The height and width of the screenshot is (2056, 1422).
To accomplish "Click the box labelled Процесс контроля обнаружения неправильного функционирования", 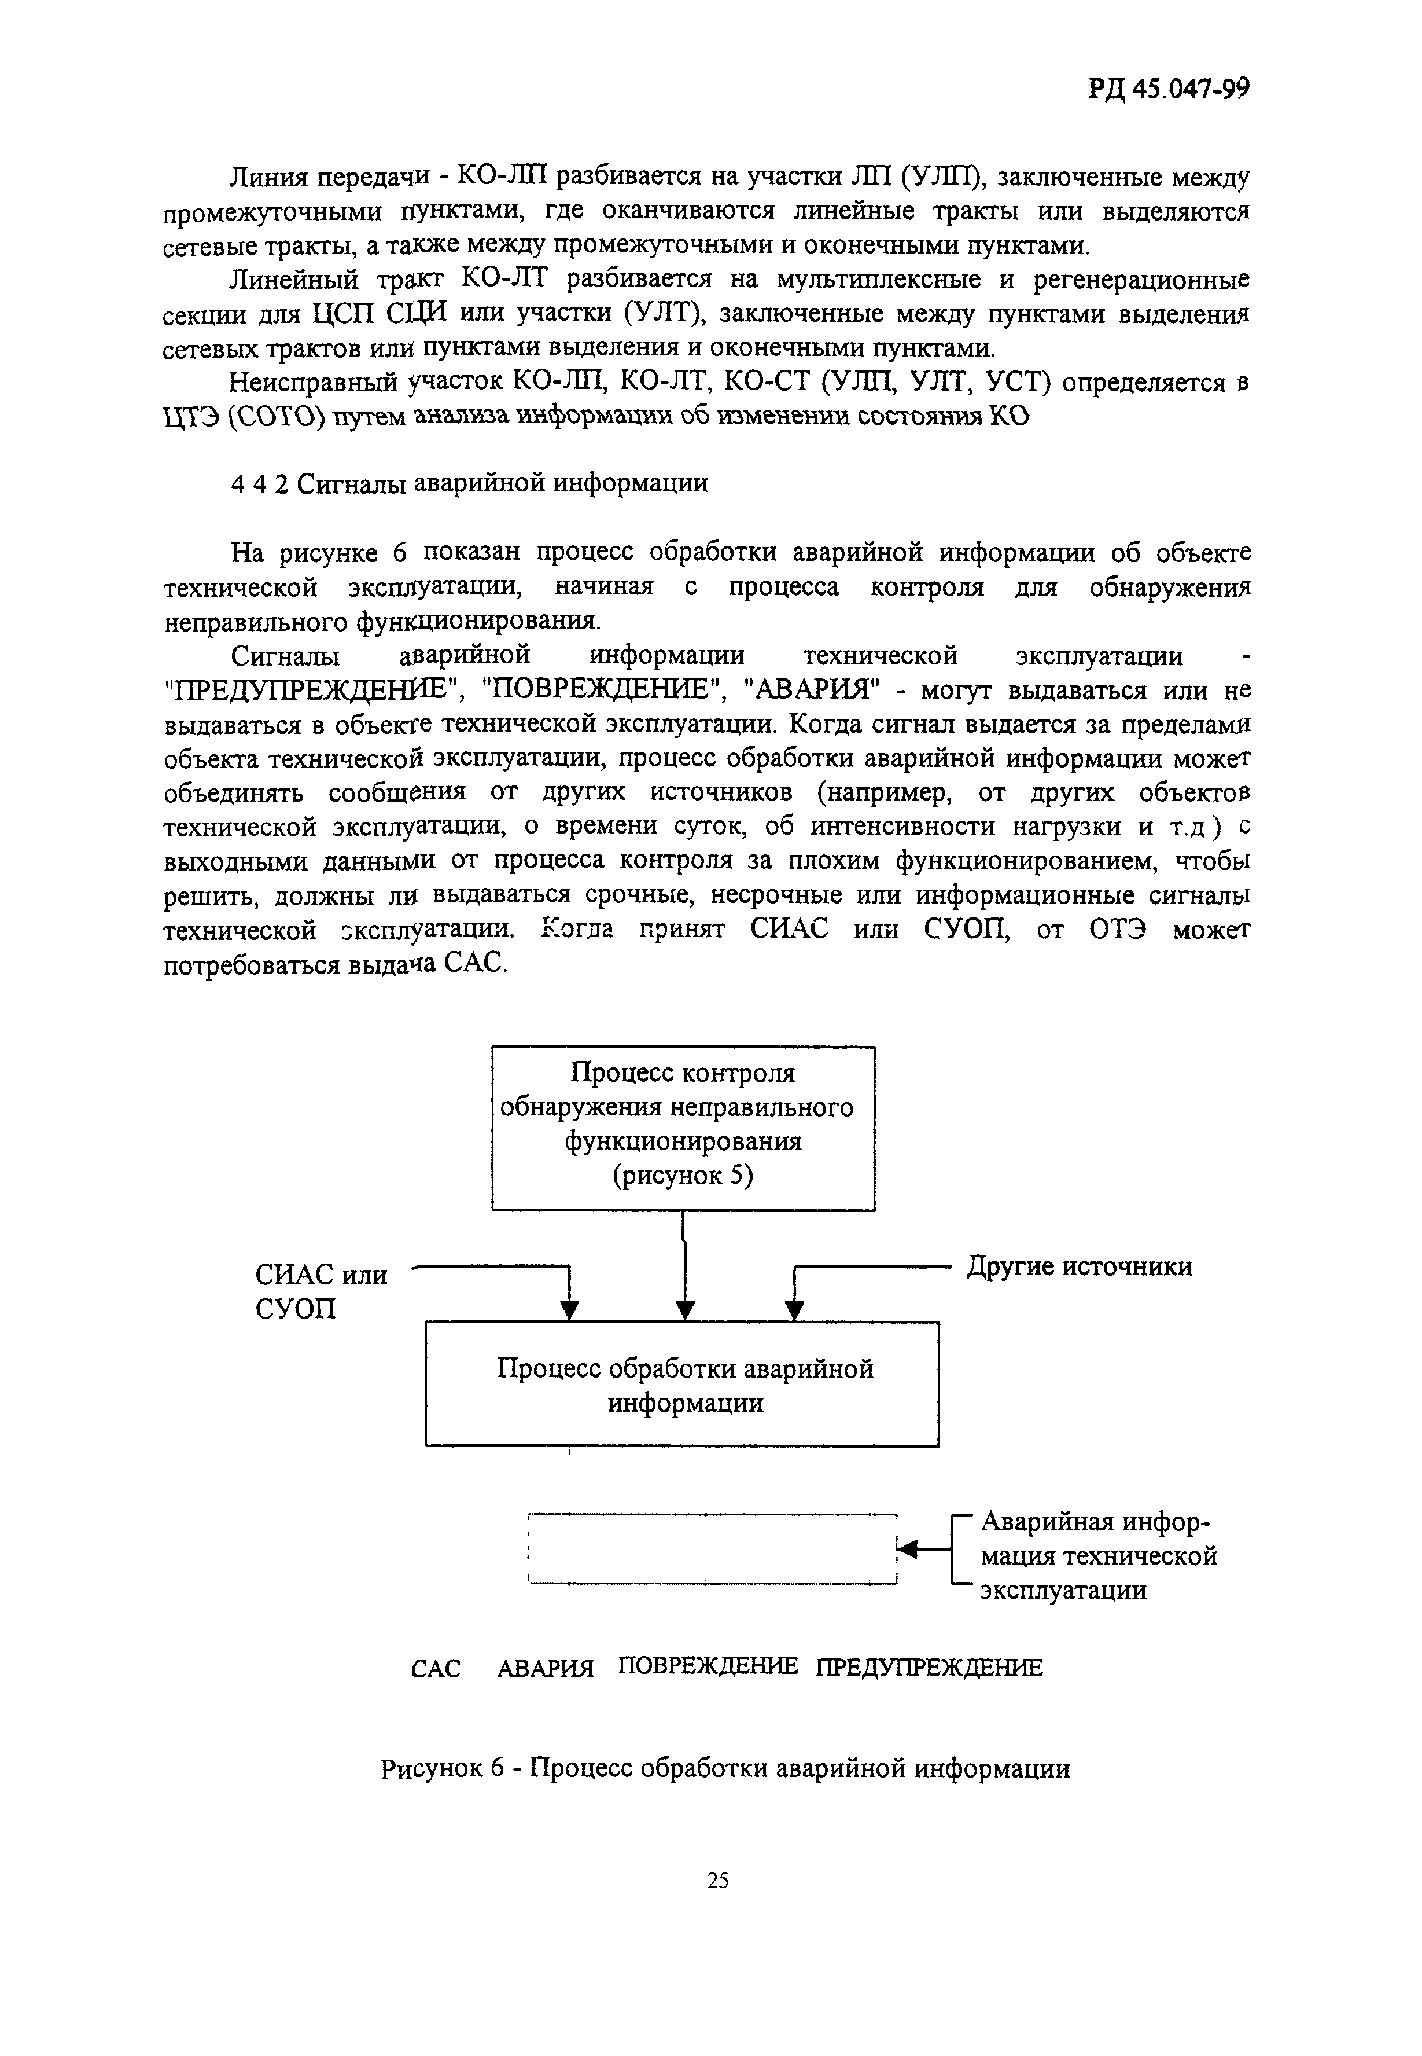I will (683, 1128).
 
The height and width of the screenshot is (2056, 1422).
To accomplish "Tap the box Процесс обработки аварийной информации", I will (683, 1384).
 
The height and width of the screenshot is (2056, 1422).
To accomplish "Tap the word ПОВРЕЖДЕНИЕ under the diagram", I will (708, 1666).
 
